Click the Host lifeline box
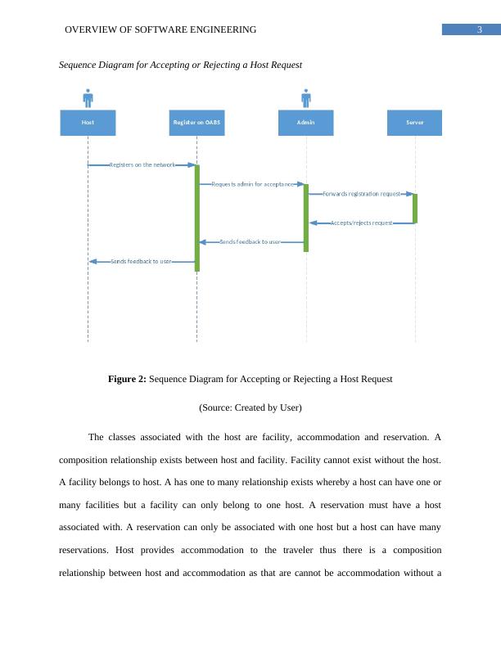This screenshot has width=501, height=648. (x=88, y=123)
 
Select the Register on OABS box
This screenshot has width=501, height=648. (x=196, y=123)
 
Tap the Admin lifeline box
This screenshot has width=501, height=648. (x=306, y=123)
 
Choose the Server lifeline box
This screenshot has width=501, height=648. (x=414, y=123)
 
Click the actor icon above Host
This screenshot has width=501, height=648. (x=88, y=98)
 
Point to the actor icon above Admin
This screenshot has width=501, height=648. (x=306, y=98)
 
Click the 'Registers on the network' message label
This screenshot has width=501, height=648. (x=142, y=165)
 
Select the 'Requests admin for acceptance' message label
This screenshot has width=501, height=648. (x=252, y=184)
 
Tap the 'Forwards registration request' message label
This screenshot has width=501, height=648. (x=361, y=194)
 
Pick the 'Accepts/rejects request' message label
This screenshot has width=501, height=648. (x=361, y=223)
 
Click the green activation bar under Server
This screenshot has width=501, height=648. (x=415, y=208)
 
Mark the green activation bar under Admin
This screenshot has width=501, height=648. (x=306, y=218)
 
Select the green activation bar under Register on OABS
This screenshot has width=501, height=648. (x=197, y=218)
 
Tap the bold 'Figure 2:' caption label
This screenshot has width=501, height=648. (x=127, y=379)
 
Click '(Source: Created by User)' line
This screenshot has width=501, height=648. (x=250, y=407)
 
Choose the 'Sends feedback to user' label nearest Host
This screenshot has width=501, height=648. (x=141, y=261)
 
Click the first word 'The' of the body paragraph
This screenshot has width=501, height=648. (x=96, y=437)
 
